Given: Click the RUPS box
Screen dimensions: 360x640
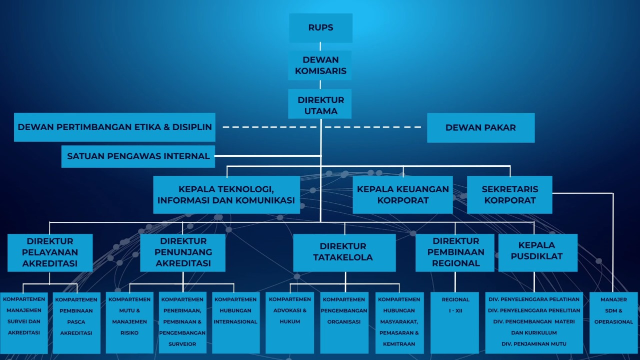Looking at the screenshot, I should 320,28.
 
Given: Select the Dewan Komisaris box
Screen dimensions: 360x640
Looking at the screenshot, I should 320,65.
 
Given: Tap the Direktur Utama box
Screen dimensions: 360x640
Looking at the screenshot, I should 320,105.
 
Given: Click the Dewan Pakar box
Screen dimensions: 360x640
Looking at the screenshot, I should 480,128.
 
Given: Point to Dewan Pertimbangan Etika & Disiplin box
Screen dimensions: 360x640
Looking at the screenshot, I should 114,127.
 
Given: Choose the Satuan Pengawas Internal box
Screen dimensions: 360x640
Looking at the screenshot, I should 138,156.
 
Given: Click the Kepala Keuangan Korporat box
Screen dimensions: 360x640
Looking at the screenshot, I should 403,195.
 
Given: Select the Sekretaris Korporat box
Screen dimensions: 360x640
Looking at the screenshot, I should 509,195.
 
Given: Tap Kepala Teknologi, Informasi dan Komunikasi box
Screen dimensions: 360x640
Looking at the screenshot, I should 226,195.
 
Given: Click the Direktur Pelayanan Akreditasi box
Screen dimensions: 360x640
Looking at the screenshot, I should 50,252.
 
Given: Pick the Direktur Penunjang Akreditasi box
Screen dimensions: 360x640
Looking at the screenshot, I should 183,252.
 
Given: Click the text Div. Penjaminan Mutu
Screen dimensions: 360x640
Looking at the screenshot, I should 534,343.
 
